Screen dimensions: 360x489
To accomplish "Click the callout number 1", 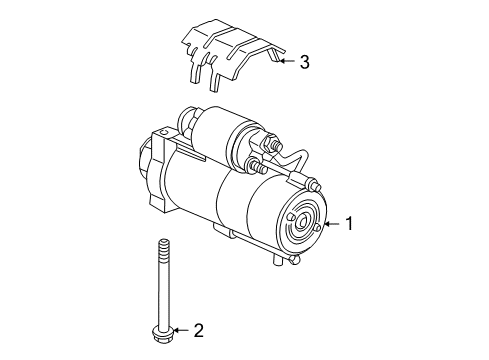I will [x=350, y=224].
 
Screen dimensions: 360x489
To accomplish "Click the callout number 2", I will [x=198, y=329].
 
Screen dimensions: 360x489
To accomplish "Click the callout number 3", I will [x=304, y=62].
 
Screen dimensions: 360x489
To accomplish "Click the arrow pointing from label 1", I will [x=332, y=224].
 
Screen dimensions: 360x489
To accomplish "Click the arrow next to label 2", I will [x=180, y=329].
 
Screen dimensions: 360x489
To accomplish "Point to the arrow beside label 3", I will [x=285, y=62].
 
